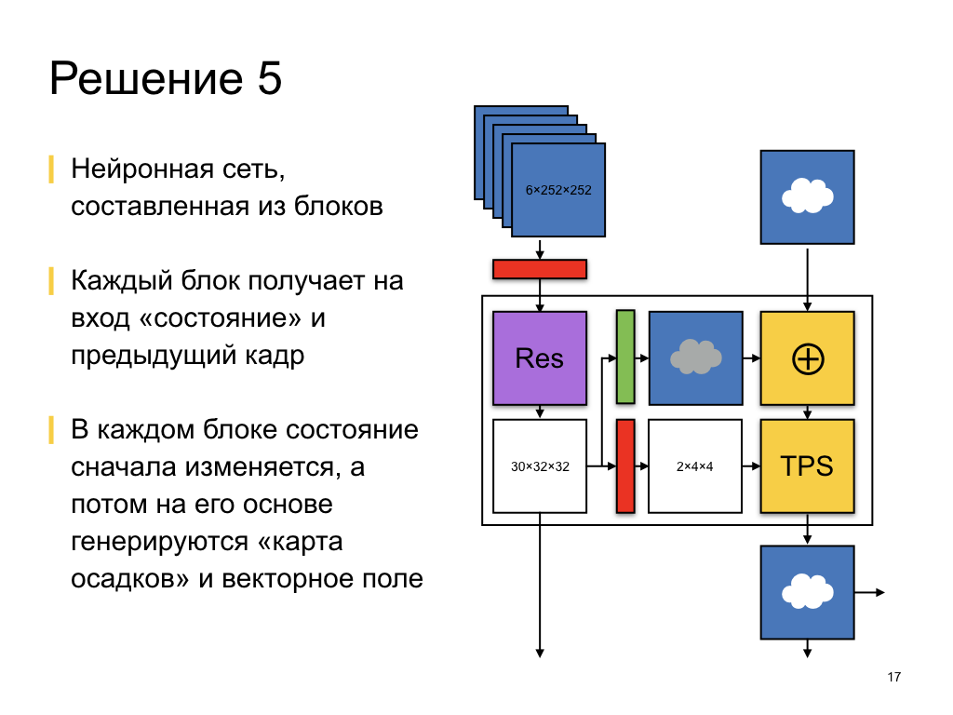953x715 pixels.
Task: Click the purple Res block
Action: click(x=540, y=357)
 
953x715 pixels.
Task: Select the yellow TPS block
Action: click(x=807, y=465)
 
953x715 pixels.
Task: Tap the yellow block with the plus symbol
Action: click(x=807, y=358)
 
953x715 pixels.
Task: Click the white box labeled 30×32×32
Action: click(x=540, y=465)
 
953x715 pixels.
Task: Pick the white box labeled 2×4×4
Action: click(x=694, y=465)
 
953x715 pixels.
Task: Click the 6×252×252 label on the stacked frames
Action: click(x=558, y=190)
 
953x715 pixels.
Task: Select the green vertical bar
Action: click(x=625, y=357)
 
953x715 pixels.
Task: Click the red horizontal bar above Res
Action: click(x=540, y=269)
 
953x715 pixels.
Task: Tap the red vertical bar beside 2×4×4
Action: click(x=625, y=465)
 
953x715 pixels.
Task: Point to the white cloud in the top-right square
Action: click(x=807, y=195)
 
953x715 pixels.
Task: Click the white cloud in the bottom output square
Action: click(x=807, y=591)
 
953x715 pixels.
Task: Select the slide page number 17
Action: click(x=894, y=677)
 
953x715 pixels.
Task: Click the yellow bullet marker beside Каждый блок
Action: click(x=52, y=281)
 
